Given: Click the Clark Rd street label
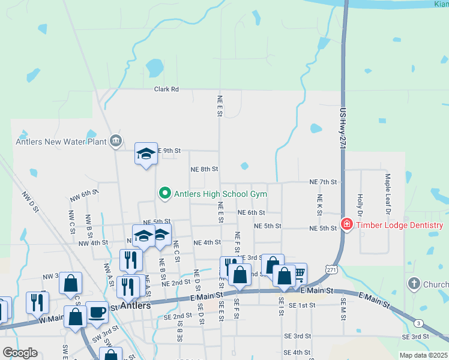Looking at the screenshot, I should coord(166,89).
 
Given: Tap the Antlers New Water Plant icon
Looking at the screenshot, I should coord(116,142).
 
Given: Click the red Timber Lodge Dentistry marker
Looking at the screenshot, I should coord(346,225).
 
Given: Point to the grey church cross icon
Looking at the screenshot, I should coord(413,283).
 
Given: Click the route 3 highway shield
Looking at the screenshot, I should coord(417,323).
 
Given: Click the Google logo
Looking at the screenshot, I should coord(20,353).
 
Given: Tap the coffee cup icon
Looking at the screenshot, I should coord(97,312).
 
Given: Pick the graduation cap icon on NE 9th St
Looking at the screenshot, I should coord(146,154).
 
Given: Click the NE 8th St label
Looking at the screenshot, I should coord(203,170).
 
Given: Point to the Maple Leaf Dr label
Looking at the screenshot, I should coord(388,194).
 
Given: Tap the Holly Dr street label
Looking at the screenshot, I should coord(360,205).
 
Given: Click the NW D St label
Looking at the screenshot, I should coord(31,202).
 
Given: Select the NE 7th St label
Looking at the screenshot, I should coord(323,182).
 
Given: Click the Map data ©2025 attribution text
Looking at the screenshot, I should coord(423,355).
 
